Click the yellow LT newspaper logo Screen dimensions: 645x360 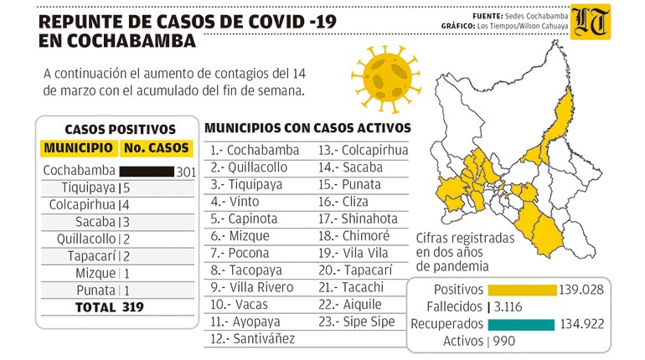[591, 23]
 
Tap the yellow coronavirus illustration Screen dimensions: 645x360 [386, 78]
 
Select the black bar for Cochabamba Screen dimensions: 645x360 [147, 172]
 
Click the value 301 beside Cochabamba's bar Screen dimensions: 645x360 [186, 172]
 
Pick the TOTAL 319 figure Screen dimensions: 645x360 [110, 307]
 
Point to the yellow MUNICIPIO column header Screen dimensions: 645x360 [79, 148]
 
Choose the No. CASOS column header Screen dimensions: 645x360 [157, 148]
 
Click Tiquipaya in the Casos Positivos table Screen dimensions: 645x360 [89, 188]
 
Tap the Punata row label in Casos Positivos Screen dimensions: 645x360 [95, 291]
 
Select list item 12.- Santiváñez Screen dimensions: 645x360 [253, 338]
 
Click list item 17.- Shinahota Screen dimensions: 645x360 [358, 219]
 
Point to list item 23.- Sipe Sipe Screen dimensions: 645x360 [357, 321]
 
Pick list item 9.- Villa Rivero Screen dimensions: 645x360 [252, 287]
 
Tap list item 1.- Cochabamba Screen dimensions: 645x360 [255, 150]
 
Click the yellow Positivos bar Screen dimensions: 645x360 [522, 290]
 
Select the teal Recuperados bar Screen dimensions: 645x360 [521, 324]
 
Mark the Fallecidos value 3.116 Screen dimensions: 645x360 [508, 307]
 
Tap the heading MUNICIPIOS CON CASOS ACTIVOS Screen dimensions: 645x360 [307, 128]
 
